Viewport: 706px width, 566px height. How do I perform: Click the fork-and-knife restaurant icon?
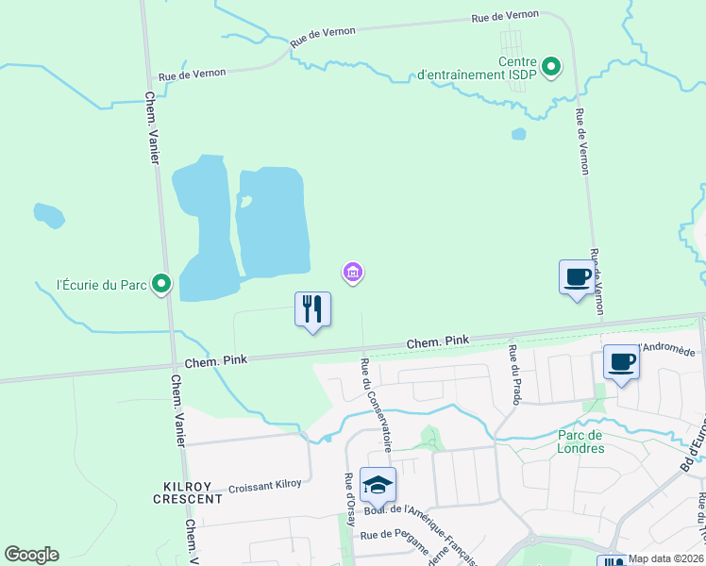[x=313, y=309]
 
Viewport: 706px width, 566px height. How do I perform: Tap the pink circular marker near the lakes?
[x=353, y=273]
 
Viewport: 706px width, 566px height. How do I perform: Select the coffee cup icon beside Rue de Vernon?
[x=577, y=277]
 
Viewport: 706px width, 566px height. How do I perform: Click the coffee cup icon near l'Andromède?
[x=621, y=363]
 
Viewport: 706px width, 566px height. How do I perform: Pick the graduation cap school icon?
[x=378, y=486]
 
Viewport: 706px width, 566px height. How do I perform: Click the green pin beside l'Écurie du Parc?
[x=161, y=282]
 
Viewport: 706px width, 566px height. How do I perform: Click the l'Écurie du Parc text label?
[x=102, y=284]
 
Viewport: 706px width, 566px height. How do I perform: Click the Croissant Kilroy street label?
[x=265, y=485]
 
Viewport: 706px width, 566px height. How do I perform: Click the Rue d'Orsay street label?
[x=349, y=494]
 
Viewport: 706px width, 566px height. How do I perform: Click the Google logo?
[x=31, y=555]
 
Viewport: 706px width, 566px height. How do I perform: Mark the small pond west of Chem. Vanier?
[x=49, y=216]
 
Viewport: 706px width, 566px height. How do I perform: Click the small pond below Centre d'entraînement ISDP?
[x=518, y=134]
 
